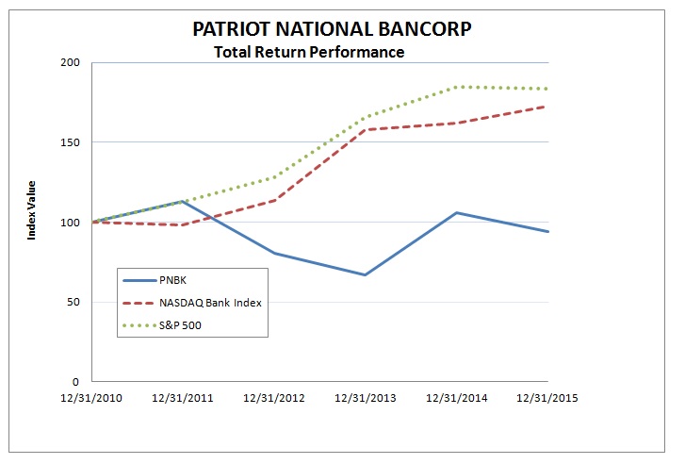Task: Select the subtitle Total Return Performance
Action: (309, 52)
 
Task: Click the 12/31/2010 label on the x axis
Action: (91, 398)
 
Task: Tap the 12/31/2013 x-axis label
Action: (365, 398)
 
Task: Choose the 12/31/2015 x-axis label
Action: (547, 398)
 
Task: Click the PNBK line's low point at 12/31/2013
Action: (365, 275)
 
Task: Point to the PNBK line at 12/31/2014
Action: (456, 213)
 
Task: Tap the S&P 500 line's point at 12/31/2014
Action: (456, 87)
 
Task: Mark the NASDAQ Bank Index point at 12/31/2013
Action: (365, 129)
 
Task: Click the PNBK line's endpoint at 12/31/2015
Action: (547, 232)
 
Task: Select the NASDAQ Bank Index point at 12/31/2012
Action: (273, 200)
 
